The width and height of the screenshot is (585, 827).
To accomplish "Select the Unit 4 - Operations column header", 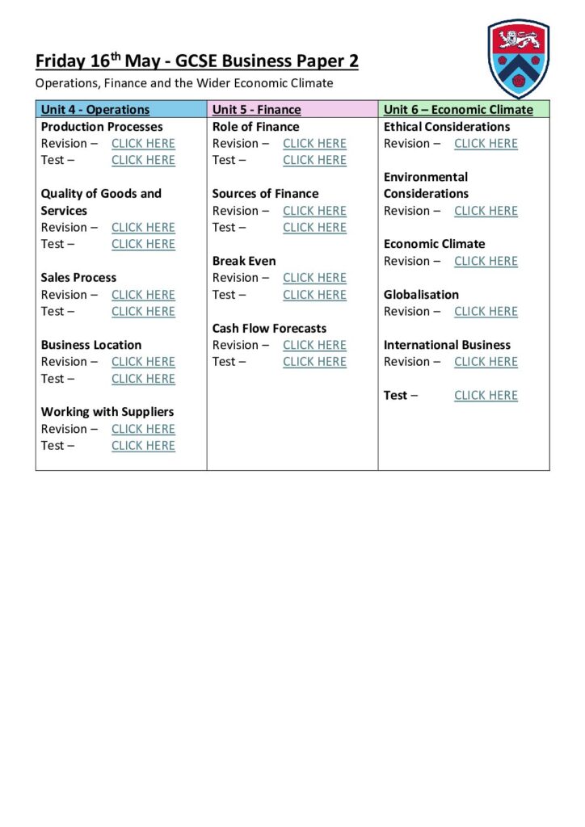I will tap(95, 110).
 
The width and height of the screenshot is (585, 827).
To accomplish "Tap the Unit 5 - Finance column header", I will tap(256, 110).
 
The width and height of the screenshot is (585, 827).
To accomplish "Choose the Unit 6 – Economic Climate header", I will tap(458, 110).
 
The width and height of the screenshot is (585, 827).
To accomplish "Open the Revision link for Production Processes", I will tap(143, 144).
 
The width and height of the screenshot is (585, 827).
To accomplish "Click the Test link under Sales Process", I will tap(143, 311).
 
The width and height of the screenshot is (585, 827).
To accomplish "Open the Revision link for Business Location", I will tap(143, 362).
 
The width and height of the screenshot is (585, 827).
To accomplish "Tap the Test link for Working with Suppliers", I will tap(143, 445).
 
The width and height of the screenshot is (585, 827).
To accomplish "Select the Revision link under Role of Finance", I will tap(314, 144).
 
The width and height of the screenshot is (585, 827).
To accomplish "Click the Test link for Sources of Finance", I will tap(314, 227).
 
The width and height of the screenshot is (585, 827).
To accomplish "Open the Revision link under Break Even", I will tap(314, 278).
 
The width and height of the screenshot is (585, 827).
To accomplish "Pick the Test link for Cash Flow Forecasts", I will tap(314, 362).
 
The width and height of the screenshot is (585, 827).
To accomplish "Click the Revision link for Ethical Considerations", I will tap(486, 144).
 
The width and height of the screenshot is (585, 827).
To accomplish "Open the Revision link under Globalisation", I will tap(486, 311).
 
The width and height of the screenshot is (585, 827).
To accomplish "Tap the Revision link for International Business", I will tap(486, 362).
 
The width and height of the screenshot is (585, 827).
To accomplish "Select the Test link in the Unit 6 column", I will tap(486, 395).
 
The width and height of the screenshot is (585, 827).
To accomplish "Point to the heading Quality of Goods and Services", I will tap(101, 202).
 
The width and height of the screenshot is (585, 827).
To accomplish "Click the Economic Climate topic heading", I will tap(434, 244).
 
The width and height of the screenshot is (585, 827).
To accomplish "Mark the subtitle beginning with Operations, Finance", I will tap(184, 82).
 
